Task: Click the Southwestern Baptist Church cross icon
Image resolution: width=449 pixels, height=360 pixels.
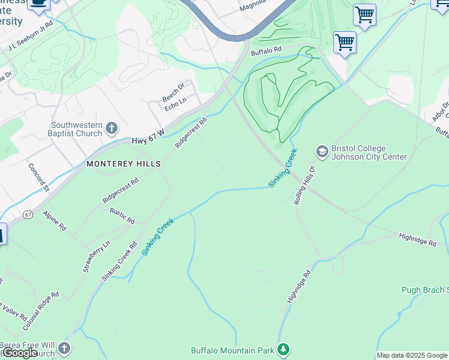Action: [x=111, y=128]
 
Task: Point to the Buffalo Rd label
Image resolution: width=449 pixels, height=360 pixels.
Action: [x=266, y=52]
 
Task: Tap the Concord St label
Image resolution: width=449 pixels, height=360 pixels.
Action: [x=38, y=176]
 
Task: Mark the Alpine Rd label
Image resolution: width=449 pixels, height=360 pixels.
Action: [x=54, y=220]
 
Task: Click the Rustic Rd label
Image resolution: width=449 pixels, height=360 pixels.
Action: [x=122, y=216]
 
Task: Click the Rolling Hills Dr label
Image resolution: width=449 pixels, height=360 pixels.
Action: [x=304, y=185]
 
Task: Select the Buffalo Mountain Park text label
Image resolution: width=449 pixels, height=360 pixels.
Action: [x=232, y=350]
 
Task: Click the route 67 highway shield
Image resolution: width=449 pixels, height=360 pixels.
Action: [x=28, y=214]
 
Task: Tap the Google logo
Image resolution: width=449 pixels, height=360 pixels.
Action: [x=20, y=353]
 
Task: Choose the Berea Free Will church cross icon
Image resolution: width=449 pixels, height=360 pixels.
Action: [x=64, y=349]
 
